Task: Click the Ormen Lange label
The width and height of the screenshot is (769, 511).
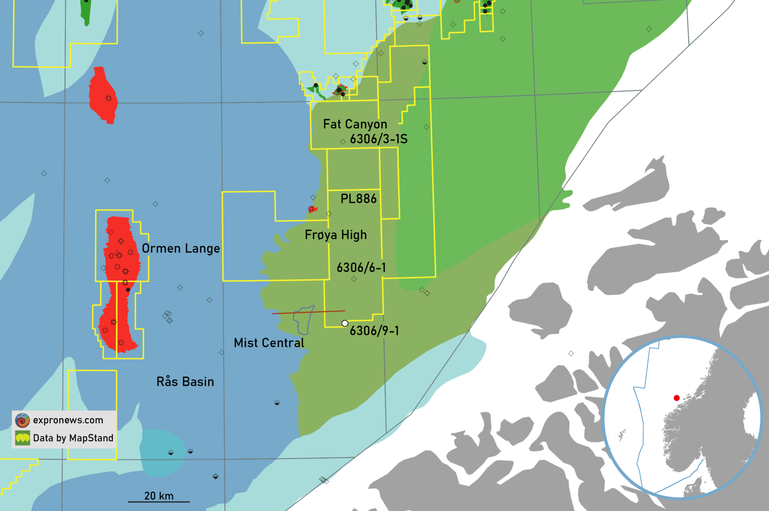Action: [181, 249]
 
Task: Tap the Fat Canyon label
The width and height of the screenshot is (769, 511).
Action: [355, 124]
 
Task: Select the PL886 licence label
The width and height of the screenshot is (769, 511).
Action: [358, 199]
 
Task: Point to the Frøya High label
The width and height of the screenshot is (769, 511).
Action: [336, 235]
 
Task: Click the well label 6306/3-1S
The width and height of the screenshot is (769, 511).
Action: [378, 139]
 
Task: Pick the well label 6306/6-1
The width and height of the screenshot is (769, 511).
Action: [361, 267]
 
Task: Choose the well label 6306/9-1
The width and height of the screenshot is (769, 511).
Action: [374, 330]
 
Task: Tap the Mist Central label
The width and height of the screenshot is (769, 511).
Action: [269, 343]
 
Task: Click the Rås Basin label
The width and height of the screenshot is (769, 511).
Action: [185, 382]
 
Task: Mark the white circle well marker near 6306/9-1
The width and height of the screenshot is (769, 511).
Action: [345, 324]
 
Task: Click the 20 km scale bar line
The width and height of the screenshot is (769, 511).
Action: [159, 501]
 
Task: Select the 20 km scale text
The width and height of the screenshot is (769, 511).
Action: [159, 496]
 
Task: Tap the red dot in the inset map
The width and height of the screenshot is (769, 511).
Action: [677, 398]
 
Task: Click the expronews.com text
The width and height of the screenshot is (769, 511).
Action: [68, 420]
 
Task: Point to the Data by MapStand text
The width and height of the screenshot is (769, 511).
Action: [73, 438]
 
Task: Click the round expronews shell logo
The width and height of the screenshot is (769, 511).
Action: [22, 420]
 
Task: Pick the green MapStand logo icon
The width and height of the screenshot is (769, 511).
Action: [22, 438]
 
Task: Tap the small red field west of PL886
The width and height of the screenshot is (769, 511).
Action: [312, 209]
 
